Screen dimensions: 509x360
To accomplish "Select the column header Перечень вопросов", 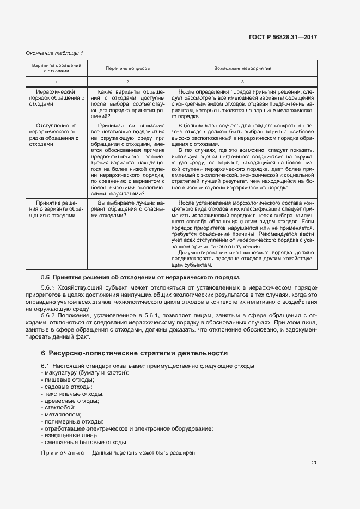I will click(128, 69).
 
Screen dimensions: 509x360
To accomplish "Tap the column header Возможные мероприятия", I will click(243, 69).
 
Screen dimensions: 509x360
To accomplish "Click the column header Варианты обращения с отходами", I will click(57, 69).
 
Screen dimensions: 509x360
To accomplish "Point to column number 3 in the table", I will click(243, 81).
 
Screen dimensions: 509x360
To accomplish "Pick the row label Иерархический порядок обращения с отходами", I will click(57, 97).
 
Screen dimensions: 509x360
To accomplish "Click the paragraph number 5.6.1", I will click(48, 287).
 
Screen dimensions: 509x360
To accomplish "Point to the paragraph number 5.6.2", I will click(48, 316).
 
